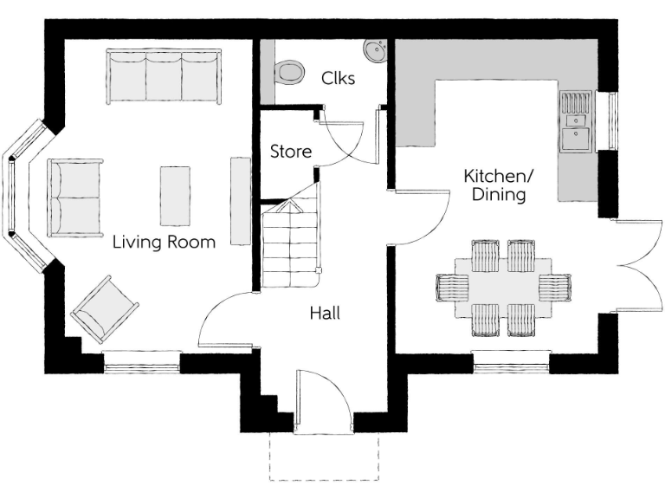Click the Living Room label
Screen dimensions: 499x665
(x=164, y=243)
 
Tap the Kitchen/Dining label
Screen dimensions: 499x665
(x=499, y=185)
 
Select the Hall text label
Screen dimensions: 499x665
(x=325, y=313)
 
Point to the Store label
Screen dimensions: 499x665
(x=291, y=152)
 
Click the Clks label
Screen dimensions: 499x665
(x=339, y=77)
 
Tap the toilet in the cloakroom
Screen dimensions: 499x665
(x=288, y=72)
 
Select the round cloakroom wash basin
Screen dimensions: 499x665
(x=376, y=51)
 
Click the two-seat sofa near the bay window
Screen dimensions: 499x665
(x=75, y=198)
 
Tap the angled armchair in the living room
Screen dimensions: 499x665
(x=106, y=308)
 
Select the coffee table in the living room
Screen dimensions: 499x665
(x=175, y=197)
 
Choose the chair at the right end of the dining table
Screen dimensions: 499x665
(x=554, y=286)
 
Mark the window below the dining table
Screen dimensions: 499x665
(x=511, y=362)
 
